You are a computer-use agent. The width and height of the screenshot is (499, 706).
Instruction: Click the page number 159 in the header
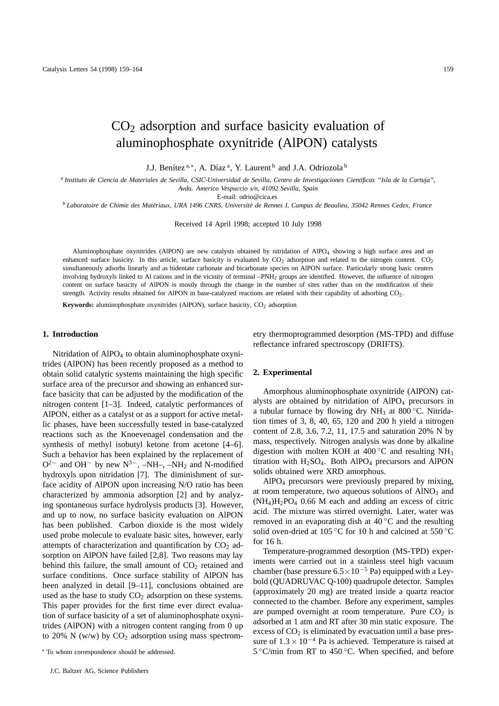[448, 69]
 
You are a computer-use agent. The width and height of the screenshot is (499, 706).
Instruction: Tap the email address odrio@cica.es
[258, 197]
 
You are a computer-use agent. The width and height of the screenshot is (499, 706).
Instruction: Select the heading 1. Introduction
[70, 334]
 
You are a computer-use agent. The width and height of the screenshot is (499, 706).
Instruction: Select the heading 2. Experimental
[282, 373]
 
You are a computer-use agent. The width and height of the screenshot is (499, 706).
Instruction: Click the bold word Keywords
[78, 305]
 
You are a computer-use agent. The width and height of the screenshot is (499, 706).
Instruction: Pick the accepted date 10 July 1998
[301, 224]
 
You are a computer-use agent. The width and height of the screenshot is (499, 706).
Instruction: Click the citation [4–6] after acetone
[233, 445]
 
